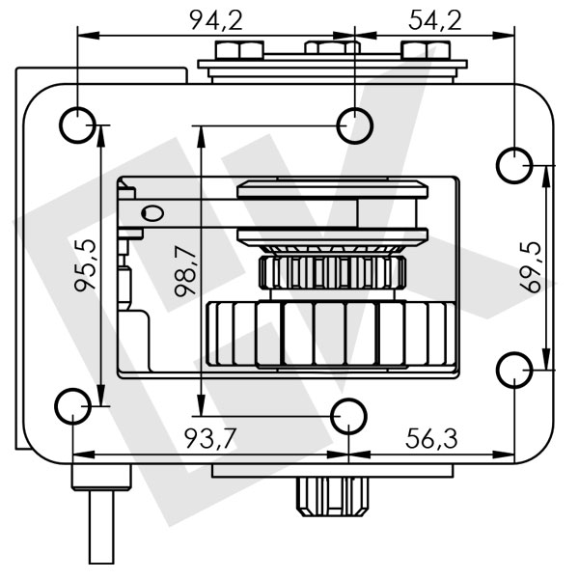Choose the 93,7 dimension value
(210, 438)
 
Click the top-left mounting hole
(76, 124)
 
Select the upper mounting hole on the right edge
(513, 165)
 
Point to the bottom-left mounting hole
(73, 406)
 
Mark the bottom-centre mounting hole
(348, 417)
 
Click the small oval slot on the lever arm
(152, 212)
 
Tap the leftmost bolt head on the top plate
(234, 50)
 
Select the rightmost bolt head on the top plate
(417, 50)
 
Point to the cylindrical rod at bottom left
(103, 526)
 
